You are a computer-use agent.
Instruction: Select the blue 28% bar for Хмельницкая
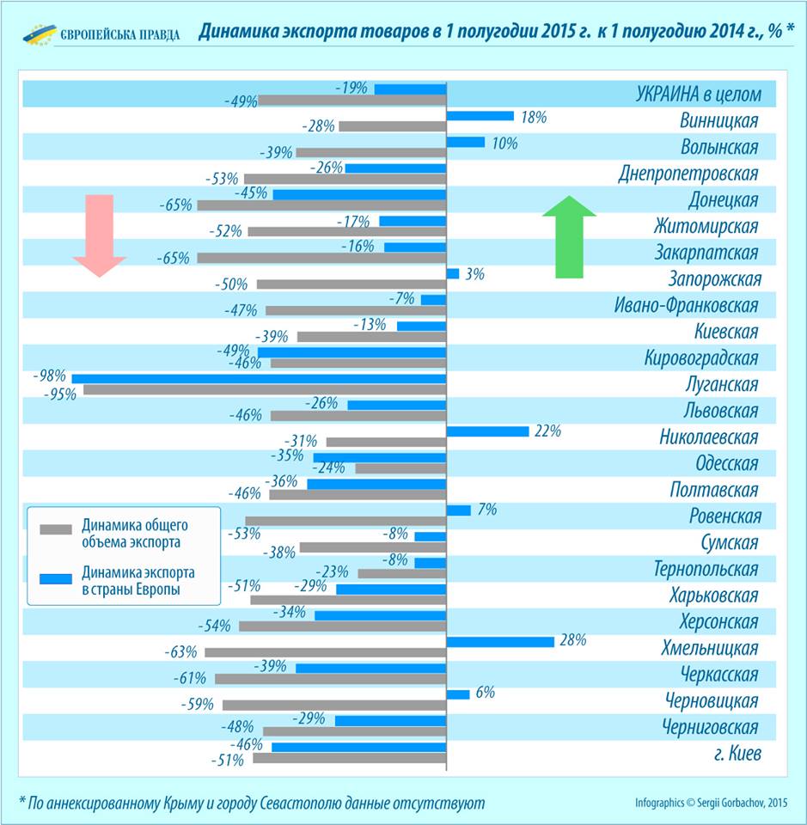pyautogui.click(x=500, y=641)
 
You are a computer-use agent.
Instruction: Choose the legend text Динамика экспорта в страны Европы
pyautogui.click(x=138, y=580)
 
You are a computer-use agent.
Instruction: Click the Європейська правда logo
pyautogui.click(x=101, y=34)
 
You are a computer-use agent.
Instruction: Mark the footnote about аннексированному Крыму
pyautogui.click(x=252, y=803)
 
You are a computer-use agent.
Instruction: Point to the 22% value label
pyautogui.click(x=547, y=431)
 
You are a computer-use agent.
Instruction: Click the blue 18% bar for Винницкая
pyautogui.click(x=480, y=116)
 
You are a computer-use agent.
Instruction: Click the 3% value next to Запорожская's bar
pyautogui.click(x=475, y=274)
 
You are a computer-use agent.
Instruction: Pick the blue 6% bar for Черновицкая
pyautogui.click(x=458, y=694)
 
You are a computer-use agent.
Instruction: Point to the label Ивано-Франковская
pyautogui.click(x=686, y=305)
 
